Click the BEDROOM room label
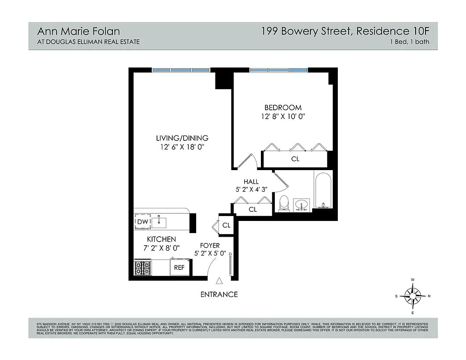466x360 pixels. click(x=282, y=108)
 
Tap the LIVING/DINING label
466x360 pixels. click(x=182, y=138)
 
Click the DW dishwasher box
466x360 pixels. click(x=142, y=222)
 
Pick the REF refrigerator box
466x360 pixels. click(x=179, y=267)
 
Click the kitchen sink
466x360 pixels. click(x=159, y=221)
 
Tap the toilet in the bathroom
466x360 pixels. click(x=284, y=203)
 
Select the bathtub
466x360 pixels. click(x=323, y=190)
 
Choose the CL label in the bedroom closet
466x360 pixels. click(x=295, y=159)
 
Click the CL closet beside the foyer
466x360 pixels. click(x=226, y=225)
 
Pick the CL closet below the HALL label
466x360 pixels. click(x=253, y=209)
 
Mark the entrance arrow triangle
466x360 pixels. click(x=219, y=281)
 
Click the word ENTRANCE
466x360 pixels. click(x=219, y=294)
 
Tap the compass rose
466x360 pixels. click(x=412, y=296)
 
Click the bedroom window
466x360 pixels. click(x=278, y=70)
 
